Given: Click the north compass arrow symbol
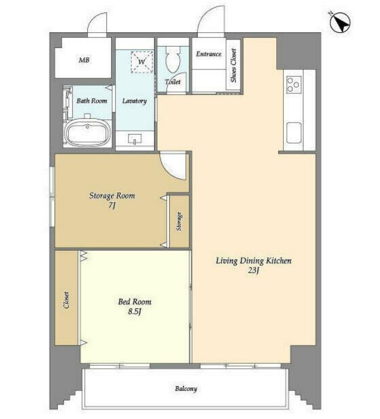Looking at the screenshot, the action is coord(340,23).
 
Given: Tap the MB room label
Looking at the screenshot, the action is coord(84,60).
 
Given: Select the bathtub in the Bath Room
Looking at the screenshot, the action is coord(88,133).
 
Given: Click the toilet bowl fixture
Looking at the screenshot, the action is coord(173,59).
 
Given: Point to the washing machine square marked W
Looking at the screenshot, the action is coord(142,62).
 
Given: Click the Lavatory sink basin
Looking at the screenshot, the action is coord(135,139).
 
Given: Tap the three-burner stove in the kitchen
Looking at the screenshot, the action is coord(294,84).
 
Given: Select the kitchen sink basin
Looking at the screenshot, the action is coord(294,133).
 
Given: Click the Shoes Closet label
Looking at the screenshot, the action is coord(234,65).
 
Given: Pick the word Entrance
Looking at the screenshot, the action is coord(209,54).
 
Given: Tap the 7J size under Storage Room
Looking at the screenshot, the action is coord(112,206).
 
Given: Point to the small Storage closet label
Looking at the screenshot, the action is coord(179,221).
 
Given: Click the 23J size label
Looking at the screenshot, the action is coord(253,270).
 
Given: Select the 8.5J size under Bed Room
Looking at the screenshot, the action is coord(134,311).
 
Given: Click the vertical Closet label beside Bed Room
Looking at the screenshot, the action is coord(66,300).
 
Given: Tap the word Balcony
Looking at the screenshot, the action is coord(186,389).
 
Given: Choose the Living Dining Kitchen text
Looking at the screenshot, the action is coord(253,261).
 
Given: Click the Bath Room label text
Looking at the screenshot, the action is coord(92,101).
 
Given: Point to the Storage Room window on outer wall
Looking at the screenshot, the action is coord(52,197).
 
